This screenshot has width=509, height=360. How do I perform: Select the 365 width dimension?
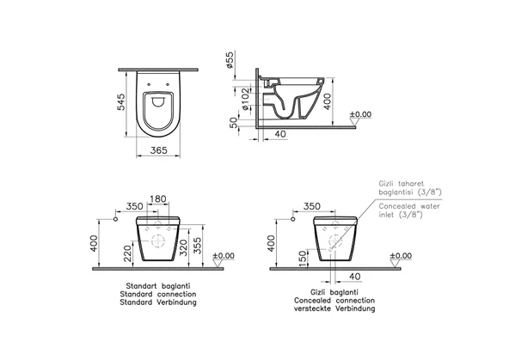click(158, 149)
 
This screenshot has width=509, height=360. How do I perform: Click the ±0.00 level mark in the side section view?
click(360, 114)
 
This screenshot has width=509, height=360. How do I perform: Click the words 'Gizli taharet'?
click(398, 183)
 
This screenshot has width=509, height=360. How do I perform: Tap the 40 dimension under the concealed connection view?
click(353, 276)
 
